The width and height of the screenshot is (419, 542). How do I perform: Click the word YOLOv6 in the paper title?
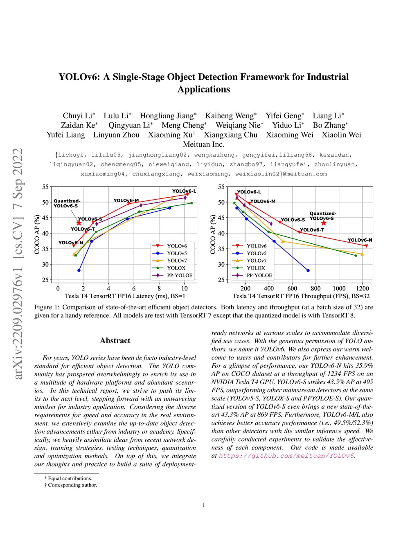tap(79, 77)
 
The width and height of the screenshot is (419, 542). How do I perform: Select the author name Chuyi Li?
tap(78, 116)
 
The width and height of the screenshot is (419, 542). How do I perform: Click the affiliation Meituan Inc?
tap(203, 144)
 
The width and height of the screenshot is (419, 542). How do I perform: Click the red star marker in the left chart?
tap(79, 223)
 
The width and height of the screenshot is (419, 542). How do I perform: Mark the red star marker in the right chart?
tap(324, 223)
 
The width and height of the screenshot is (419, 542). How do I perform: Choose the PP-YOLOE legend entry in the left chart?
tap(179, 275)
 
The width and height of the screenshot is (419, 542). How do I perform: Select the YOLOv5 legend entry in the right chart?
tap(256, 253)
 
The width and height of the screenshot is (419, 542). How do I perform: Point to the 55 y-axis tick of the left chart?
tap(45, 187)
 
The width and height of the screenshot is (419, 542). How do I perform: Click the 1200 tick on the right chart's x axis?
tap(362, 288)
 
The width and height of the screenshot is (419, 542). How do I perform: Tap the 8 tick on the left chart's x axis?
tap(159, 288)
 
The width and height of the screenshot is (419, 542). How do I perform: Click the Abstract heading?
tap(115, 340)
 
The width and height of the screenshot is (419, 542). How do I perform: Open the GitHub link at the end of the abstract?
tap(286, 456)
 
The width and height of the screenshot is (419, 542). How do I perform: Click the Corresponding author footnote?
tap(72, 485)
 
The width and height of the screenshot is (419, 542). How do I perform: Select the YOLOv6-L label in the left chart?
tap(184, 191)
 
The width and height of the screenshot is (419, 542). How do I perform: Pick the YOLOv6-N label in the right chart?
tap(360, 240)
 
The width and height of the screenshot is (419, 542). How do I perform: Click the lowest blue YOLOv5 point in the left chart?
tap(79, 270)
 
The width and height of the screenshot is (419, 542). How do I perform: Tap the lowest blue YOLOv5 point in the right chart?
tap(308, 270)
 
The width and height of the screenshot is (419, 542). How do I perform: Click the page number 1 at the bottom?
tap(204, 505)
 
